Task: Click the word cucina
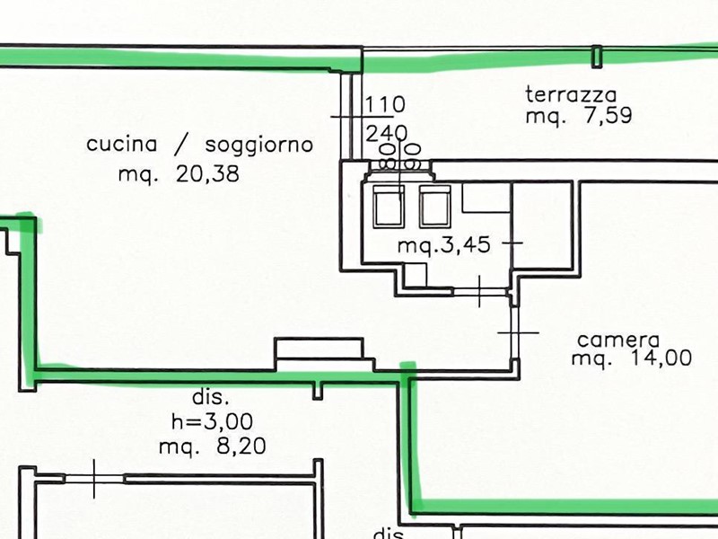121,144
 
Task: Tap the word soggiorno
259,146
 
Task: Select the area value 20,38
207,174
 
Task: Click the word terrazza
571,94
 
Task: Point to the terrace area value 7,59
608,115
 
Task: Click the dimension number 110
385,104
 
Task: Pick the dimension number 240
386,133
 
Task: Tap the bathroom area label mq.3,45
443,244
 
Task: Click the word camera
618,340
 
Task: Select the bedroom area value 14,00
661,358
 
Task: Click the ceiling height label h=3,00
212,420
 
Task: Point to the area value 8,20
241,446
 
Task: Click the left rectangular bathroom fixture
389,207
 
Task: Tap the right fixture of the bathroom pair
435,207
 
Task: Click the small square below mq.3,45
416,275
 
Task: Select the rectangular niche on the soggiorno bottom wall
320,349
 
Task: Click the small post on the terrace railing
596,57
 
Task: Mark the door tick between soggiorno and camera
518,332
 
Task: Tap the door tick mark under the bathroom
479,291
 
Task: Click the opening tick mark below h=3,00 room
94,479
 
